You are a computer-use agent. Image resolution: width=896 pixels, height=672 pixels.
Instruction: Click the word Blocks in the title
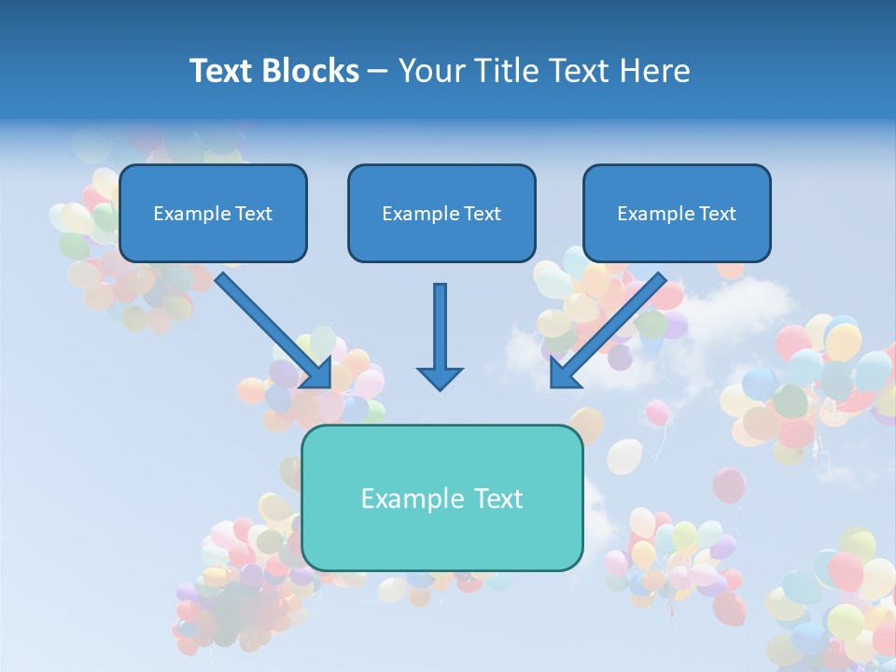click(312, 71)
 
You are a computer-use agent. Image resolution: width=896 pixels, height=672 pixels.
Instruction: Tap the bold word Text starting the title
click(222, 71)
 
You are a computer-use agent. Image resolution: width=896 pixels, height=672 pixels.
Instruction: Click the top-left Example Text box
click(213, 213)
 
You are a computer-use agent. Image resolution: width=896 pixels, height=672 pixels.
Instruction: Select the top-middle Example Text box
click(441, 213)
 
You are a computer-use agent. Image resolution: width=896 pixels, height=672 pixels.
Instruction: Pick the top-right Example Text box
click(677, 213)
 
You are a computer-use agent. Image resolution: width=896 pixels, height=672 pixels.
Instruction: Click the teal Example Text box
click(441, 497)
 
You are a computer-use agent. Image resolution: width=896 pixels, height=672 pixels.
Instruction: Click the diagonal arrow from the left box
click(271, 327)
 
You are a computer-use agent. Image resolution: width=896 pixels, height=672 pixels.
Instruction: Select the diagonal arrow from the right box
click(611, 327)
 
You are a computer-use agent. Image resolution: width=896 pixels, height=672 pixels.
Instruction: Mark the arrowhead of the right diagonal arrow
click(564, 373)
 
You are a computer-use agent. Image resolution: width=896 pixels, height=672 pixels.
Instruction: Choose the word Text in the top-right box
click(718, 214)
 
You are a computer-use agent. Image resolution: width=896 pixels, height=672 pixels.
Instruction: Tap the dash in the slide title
click(378, 72)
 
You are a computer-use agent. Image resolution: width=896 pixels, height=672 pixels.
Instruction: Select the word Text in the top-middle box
click(483, 214)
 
